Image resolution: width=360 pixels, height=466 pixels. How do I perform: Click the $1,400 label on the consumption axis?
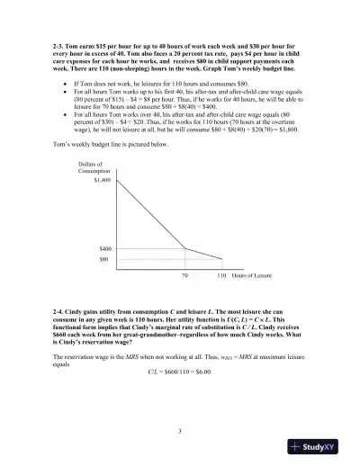[x=102, y=180]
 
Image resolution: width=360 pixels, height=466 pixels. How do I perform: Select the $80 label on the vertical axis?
[x=103, y=258]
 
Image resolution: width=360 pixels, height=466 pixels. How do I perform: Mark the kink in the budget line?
[x=184, y=248]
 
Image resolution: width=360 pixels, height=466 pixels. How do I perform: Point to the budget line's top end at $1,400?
[x=120, y=180]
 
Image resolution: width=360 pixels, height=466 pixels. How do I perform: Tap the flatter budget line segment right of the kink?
[x=202, y=254]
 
